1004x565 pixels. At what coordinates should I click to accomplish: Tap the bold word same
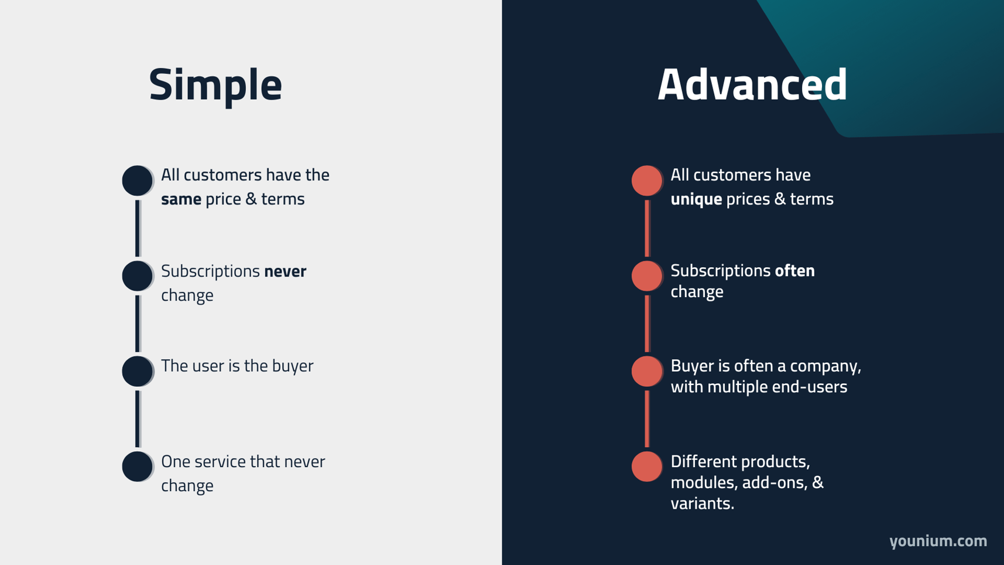[x=181, y=199]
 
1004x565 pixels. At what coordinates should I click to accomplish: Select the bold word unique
[x=695, y=199]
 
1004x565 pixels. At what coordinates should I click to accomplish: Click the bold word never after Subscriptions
[x=285, y=271]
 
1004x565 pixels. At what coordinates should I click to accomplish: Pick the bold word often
[x=794, y=271]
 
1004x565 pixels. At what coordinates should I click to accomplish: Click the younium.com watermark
[x=938, y=540]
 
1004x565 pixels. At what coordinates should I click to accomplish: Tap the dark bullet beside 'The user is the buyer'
[x=137, y=371]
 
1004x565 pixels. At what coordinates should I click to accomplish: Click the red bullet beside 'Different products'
[x=646, y=467]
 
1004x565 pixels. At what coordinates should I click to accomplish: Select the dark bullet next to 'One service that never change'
[x=137, y=467]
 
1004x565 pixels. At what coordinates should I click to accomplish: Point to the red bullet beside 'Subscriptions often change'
[x=646, y=275]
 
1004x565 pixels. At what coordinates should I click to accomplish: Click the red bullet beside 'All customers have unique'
[x=646, y=180]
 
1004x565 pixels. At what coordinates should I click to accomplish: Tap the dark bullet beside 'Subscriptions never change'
[x=137, y=275]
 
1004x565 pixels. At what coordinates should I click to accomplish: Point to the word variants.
[x=701, y=503]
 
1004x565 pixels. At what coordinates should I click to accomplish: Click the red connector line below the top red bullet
[x=647, y=228]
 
